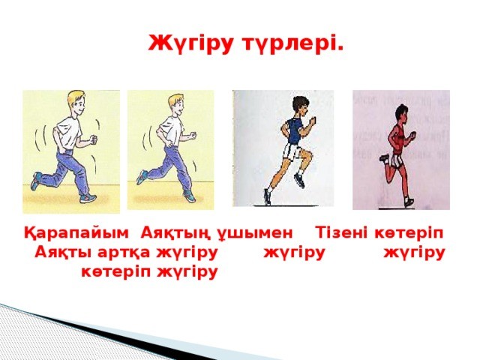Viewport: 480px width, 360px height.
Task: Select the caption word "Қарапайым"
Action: pos(76,233)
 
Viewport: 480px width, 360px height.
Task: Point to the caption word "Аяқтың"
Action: pos(175,233)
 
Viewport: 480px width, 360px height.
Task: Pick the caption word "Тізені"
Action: pos(341,232)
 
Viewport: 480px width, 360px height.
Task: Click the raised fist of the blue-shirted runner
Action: pos(312,121)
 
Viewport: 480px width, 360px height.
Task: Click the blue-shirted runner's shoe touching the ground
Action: pos(268,196)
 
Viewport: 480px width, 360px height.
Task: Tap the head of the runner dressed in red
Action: pos(402,112)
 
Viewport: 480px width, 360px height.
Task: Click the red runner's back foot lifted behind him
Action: pos(384,158)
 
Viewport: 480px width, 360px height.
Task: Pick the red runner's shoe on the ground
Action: pos(408,202)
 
